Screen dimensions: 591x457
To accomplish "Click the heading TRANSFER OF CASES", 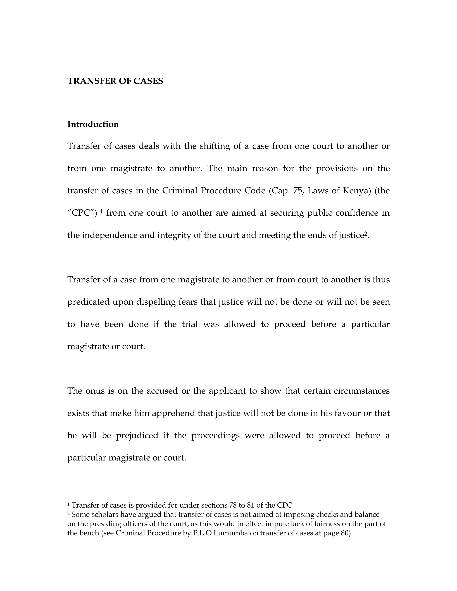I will (x=115, y=81).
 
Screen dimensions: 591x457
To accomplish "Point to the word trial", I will (x=190, y=324).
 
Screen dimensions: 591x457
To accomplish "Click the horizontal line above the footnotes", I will (x=121, y=496).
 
